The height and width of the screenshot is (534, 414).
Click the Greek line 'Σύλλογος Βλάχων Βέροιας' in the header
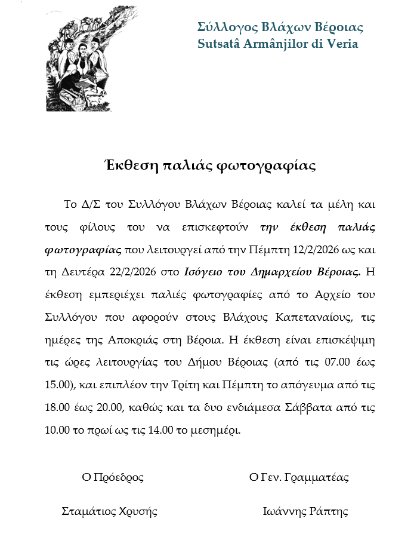[280, 27]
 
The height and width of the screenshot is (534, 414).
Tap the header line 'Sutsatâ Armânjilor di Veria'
[277, 44]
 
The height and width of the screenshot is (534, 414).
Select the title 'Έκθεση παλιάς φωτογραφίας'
[207, 165]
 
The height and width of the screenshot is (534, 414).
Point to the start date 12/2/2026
[316, 250]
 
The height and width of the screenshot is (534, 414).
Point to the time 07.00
[328, 363]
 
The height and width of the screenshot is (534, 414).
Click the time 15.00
[57, 386]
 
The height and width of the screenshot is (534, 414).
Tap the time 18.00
[57, 409]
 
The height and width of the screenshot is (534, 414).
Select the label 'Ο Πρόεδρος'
[113, 478]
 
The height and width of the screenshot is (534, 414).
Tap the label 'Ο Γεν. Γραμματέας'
[299, 478]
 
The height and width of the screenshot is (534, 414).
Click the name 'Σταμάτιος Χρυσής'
[110, 512]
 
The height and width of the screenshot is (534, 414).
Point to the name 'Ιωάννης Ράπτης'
[305, 512]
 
